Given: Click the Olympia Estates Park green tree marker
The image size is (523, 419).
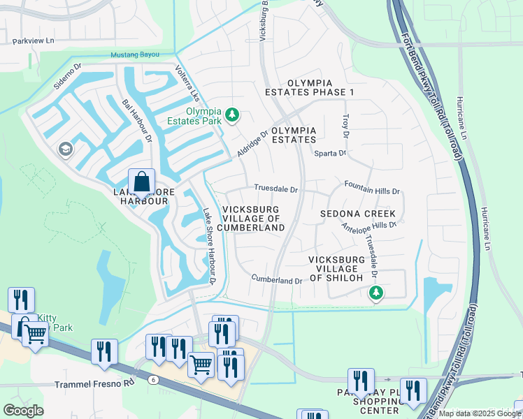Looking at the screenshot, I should click(234, 115).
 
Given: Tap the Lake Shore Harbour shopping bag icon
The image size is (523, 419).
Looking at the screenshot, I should click(142, 182).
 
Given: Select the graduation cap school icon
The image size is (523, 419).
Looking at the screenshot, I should click(65, 149).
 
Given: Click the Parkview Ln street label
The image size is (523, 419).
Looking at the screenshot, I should click(33, 41).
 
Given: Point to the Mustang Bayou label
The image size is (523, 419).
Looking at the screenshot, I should click(135, 54).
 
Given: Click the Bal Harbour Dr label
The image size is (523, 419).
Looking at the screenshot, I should click(137, 120).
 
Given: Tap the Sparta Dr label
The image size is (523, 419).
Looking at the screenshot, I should click(330, 153).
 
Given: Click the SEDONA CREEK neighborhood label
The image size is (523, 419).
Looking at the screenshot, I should click(358, 214).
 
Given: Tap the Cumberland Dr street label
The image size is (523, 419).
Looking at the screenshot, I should click(277, 280).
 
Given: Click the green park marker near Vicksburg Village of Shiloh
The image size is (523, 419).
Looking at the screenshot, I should click(377, 293).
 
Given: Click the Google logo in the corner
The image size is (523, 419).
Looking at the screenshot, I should click(23, 411).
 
